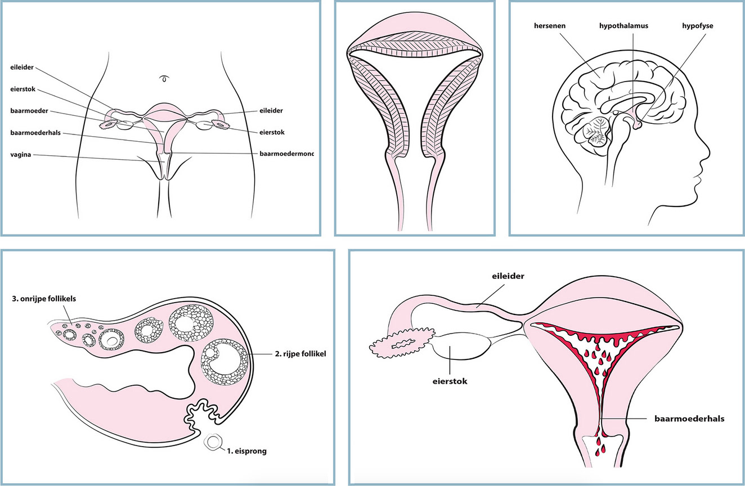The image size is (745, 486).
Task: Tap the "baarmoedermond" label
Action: (286, 152)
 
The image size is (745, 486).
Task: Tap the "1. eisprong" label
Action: (247, 450)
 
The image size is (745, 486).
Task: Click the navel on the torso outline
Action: (164, 78)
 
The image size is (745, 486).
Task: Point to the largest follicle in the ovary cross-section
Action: (224, 361)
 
